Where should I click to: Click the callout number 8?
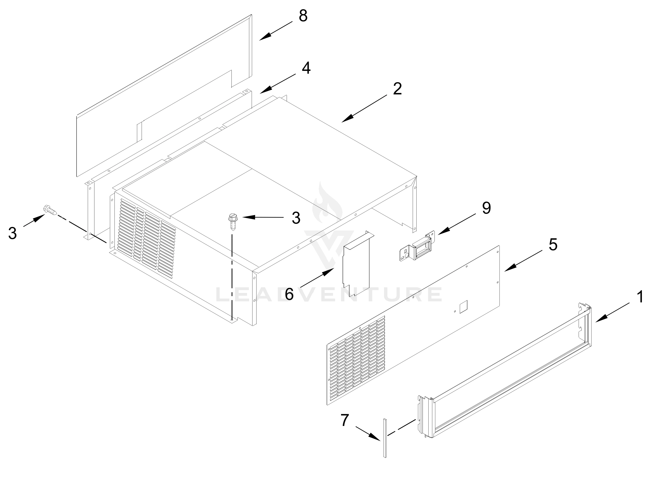(303, 16)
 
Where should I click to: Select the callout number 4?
(306, 68)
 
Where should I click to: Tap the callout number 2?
(397, 89)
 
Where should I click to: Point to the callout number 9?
(486, 208)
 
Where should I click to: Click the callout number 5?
(553, 244)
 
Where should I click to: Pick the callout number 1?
(640, 297)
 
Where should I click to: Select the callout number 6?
(289, 294)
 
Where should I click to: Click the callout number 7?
(345, 420)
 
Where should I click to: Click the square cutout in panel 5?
(464, 307)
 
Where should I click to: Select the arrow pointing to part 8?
(275, 31)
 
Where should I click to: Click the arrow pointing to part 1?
(611, 313)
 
